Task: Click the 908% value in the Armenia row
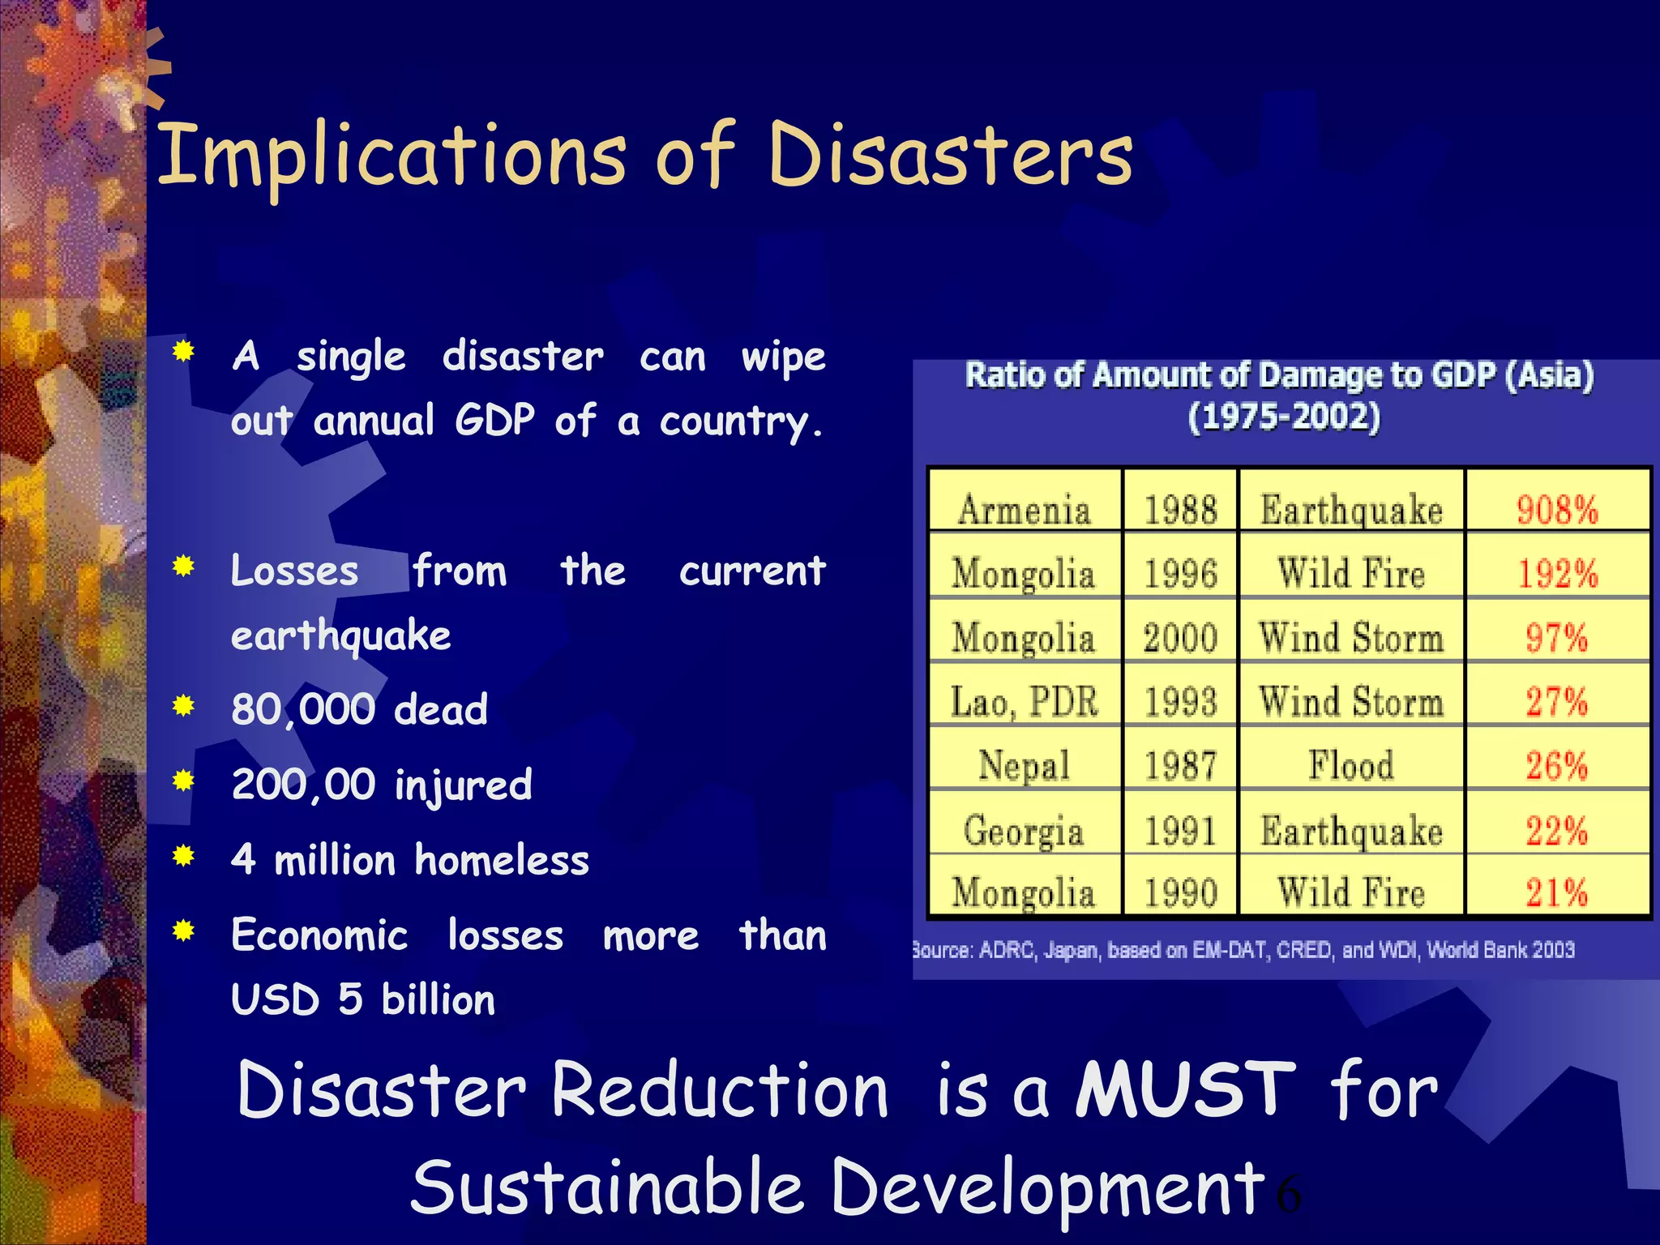click(x=1557, y=510)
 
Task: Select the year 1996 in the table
click(x=1180, y=574)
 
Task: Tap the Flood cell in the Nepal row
click(x=1351, y=766)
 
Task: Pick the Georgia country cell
click(x=1024, y=831)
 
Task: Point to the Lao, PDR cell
click(x=1025, y=702)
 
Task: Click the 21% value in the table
click(x=1557, y=893)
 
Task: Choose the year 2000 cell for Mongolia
click(x=1180, y=638)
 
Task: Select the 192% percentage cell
click(x=1557, y=574)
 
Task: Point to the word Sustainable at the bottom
click(x=606, y=1187)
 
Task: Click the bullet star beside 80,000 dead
click(x=184, y=706)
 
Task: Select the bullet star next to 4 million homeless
click(x=184, y=856)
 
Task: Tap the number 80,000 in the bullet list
click(x=302, y=709)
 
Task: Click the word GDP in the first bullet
click(x=494, y=420)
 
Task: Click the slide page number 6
click(x=1288, y=1195)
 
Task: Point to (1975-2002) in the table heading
click(x=1284, y=417)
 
